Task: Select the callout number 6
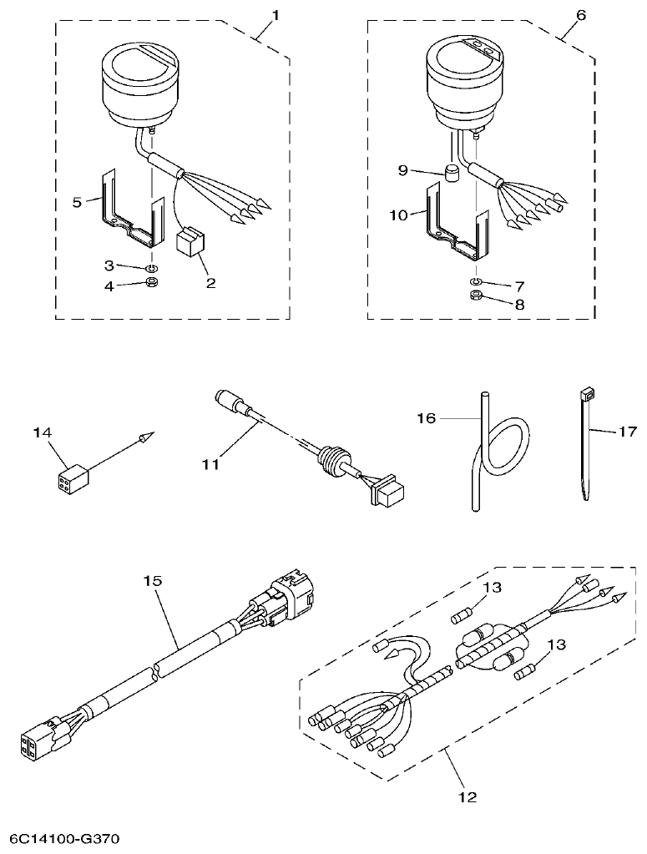click(x=581, y=15)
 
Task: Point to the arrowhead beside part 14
click(x=146, y=436)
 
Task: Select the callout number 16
click(x=427, y=417)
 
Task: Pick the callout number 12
click(x=468, y=796)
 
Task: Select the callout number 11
click(x=212, y=464)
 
